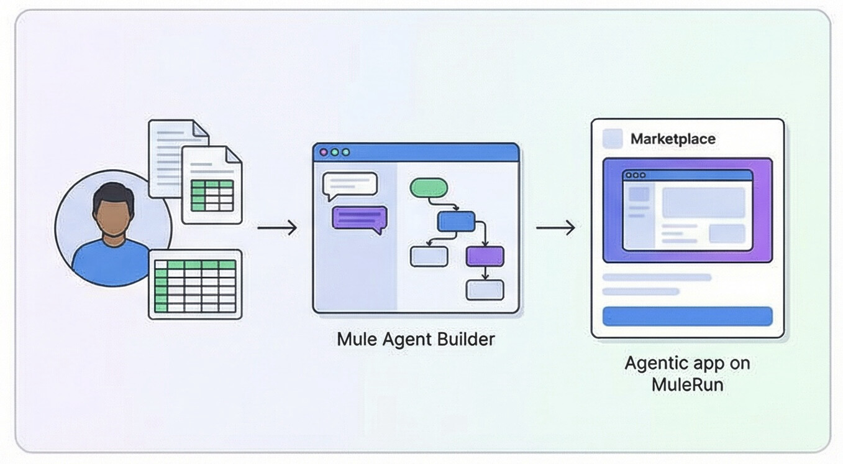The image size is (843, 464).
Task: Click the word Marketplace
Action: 673,139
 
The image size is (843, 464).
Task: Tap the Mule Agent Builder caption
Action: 416,339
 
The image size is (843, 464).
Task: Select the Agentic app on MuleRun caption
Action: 687,373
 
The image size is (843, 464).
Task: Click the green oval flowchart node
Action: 429,187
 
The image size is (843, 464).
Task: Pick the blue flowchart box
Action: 456,221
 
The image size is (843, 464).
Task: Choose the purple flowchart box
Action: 485,256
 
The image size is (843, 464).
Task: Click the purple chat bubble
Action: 359,218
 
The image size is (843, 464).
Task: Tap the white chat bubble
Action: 350,184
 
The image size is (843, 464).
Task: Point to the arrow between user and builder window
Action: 277,228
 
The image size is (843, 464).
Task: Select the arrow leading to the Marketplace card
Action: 555,228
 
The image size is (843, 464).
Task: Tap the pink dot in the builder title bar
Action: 323,152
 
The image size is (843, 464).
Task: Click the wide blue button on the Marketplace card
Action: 687,316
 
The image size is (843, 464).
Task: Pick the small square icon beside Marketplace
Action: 613,139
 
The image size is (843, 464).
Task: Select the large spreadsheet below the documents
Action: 195,285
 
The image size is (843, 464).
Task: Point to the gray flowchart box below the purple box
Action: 485,289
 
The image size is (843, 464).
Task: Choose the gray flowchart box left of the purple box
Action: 429,256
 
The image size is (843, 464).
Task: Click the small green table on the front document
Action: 212,195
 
